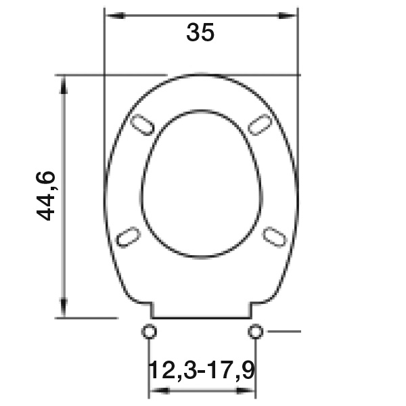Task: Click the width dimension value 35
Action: [200, 32]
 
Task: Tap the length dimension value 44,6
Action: [46, 196]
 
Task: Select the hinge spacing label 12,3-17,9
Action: [202, 370]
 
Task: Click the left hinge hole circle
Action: [149, 331]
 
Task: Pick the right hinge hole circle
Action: [256, 331]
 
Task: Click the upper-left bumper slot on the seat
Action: [142, 125]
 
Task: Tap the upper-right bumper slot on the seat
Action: [260, 125]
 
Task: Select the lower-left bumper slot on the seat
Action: [128, 237]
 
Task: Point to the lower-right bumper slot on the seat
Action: [275, 237]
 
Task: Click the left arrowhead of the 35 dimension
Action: [116, 16]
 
